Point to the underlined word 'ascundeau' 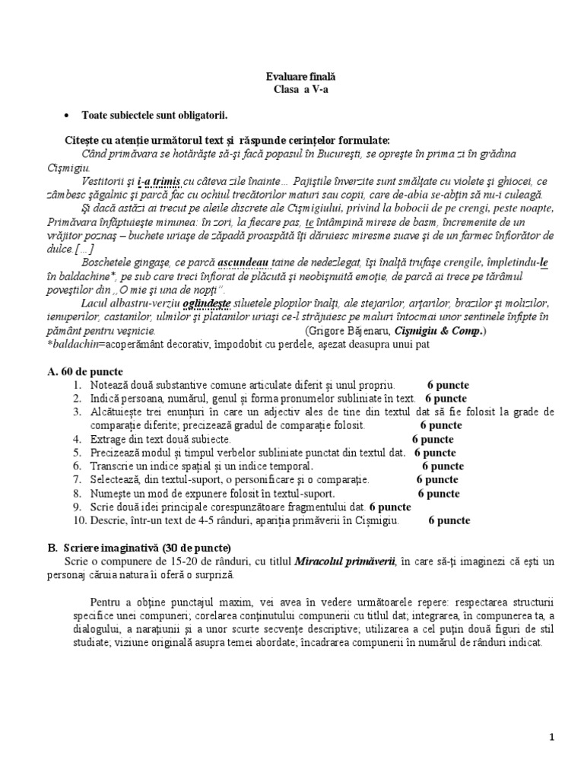pyautogui.click(x=244, y=264)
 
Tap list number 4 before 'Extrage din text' pyautogui.click(x=77, y=439)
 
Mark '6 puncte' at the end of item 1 pyautogui.click(x=448, y=384)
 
